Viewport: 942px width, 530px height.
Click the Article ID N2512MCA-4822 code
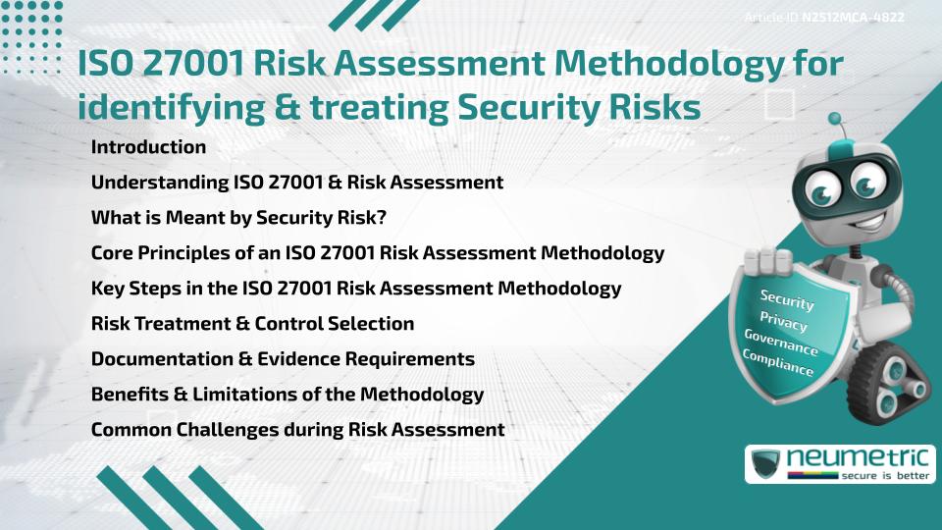[x=852, y=17]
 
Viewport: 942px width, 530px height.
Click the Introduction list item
[x=148, y=147]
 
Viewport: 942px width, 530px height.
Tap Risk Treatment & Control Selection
[x=252, y=323]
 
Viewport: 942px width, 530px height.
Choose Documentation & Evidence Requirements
[x=283, y=359]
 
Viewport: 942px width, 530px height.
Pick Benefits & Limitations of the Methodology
[x=288, y=395]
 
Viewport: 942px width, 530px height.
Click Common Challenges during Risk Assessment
[x=297, y=430]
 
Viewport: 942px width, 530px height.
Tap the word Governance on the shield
[x=780, y=343]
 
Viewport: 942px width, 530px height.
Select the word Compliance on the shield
[x=778, y=363]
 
